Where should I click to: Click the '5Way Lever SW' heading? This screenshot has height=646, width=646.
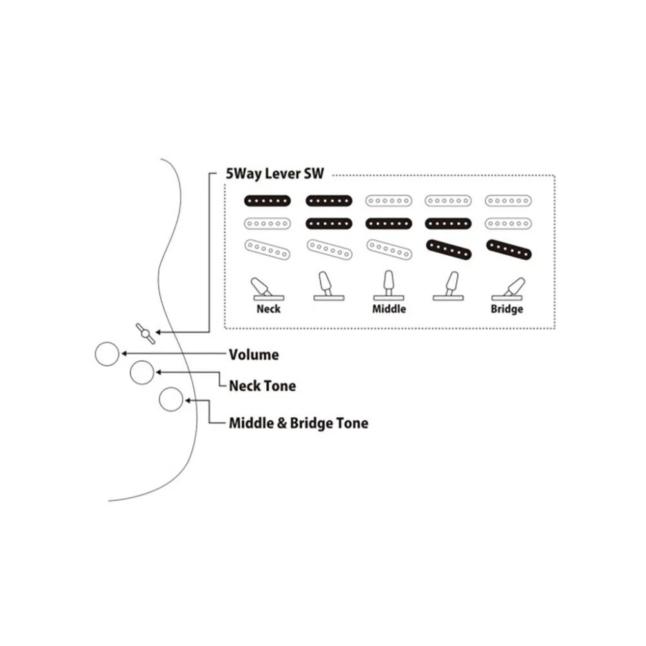(x=275, y=174)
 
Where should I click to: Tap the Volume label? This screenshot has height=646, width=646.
(x=254, y=355)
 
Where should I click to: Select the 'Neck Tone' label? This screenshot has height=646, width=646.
(x=262, y=386)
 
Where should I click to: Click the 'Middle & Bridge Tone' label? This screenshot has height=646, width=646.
(x=298, y=423)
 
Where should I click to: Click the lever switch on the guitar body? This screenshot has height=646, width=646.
(x=145, y=333)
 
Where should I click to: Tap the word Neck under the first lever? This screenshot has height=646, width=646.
(x=269, y=309)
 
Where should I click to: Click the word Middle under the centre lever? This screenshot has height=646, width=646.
(x=389, y=309)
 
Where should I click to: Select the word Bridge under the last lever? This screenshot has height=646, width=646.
(x=506, y=309)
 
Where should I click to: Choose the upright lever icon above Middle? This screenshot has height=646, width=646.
(x=388, y=286)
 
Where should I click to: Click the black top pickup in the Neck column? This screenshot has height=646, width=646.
(x=267, y=201)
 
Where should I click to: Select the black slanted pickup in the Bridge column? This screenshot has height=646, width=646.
(x=509, y=250)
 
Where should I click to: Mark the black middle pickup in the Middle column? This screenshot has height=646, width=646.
(x=389, y=224)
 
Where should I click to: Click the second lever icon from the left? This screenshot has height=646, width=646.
(x=328, y=286)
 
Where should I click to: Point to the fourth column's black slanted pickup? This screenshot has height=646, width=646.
(x=448, y=250)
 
